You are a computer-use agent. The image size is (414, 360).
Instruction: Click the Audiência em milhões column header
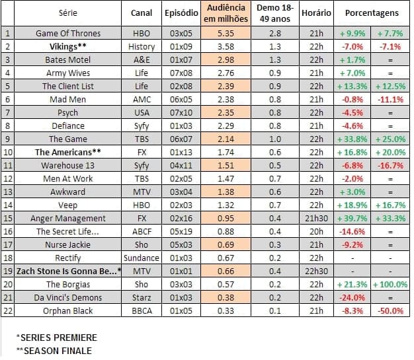(x=226, y=13)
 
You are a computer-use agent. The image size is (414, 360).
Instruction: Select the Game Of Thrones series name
(x=68, y=34)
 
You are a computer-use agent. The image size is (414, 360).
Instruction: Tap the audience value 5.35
(x=226, y=34)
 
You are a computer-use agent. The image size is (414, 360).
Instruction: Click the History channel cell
(x=142, y=47)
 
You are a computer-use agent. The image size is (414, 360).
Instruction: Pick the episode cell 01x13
(x=181, y=153)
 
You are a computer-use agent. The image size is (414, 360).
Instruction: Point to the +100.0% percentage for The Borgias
(x=390, y=285)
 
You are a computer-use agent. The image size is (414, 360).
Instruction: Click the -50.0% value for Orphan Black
(x=390, y=311)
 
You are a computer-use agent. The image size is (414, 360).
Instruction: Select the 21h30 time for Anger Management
(x=316, y=219)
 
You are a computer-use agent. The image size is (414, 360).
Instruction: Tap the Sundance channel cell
(x=142, y=258)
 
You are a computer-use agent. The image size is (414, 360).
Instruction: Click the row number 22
(x=8, y=311)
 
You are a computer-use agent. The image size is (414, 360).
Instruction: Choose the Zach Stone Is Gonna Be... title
(x=68, y=271)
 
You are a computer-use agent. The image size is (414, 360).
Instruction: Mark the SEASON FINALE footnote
(x=54, y=351)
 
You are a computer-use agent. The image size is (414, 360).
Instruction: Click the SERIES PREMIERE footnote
(x=57, y=338)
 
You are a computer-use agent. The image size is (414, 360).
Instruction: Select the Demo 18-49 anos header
(x=275, y=13)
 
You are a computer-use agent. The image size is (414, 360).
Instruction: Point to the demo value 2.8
(x=275, y=34)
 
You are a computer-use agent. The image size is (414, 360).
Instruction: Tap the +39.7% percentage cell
(x=352, y=219)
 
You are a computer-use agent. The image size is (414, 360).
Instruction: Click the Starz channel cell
(x=142, y=298)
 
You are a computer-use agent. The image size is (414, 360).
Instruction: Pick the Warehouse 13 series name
(x=68, y=166)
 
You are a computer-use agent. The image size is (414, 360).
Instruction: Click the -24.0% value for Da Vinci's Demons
(x=352, y=298)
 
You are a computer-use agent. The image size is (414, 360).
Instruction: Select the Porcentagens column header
(x=372, y=13)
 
